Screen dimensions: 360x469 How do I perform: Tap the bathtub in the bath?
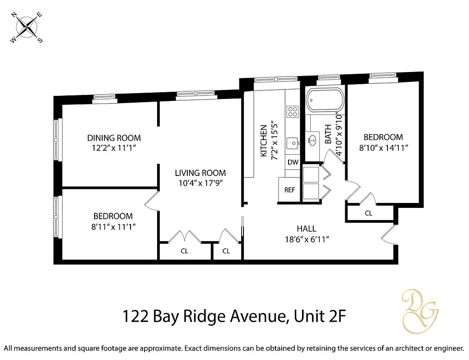[x=325, y=100]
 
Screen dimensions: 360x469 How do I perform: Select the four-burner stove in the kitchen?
[x=293, y=111]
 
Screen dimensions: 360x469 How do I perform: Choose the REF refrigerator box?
[x=289, y=190]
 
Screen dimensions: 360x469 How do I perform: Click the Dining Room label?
[x=114, y=138]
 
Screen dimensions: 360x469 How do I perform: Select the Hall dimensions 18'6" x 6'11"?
[x=306, y=239]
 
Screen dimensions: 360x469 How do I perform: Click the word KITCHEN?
[x=264, y=141]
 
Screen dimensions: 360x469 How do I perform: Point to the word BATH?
[x=328, y=134]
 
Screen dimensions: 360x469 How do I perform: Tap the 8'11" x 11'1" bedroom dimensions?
[x=113, y=226]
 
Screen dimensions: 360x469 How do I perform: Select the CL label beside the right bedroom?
[x=369, y=213]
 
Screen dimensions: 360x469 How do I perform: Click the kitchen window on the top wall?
[x=275, y=80]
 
